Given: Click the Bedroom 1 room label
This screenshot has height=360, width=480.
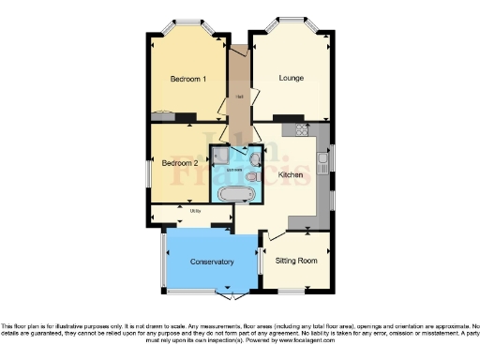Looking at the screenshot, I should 188,79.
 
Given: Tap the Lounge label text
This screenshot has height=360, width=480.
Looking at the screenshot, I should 292,78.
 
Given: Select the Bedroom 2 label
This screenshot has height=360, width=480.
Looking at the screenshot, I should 179,162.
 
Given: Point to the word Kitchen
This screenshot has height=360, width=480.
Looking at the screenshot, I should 291,175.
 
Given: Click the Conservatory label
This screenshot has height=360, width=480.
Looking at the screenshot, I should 211,262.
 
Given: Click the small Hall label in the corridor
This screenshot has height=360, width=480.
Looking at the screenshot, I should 240,97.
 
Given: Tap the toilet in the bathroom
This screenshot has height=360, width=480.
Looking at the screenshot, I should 255,174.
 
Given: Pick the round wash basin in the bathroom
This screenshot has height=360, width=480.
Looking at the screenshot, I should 254,158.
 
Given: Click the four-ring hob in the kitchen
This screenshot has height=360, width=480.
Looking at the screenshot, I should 301,130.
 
